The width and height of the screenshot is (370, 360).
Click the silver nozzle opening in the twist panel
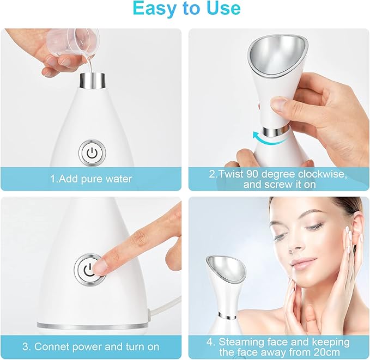point(278,56)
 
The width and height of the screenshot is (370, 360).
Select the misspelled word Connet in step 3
point(53,347)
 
